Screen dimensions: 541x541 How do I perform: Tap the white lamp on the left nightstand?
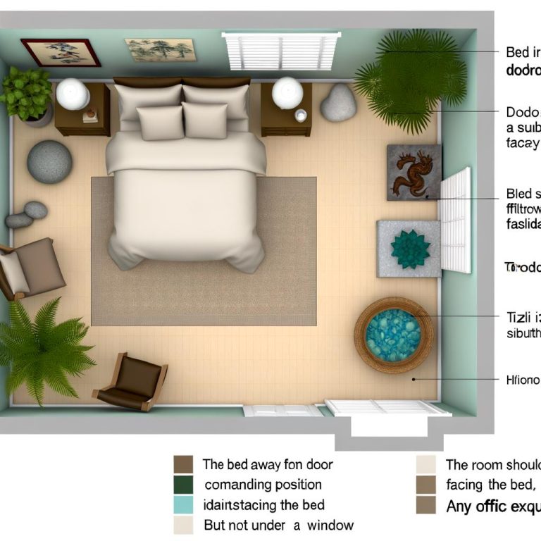pyautogui.click(x=73, y=94)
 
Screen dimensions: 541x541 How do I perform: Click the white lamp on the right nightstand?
pyautogui.click(x=287, y=93)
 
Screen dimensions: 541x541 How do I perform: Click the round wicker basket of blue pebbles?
pyautogui.click(x=392, y=335)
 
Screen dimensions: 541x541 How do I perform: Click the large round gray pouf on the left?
pyautogui.click(x=49, y=162)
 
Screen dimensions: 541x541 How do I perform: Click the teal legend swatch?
pyautogui.click(x=183, y=504)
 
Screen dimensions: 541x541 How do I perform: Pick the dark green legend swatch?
pyautogui.click(x=183, y=484)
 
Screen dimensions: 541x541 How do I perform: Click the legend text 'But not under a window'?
pyautogui.click(x=278, y=525)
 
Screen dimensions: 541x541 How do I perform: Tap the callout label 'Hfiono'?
pyautogui.click(x=523, y=380)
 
